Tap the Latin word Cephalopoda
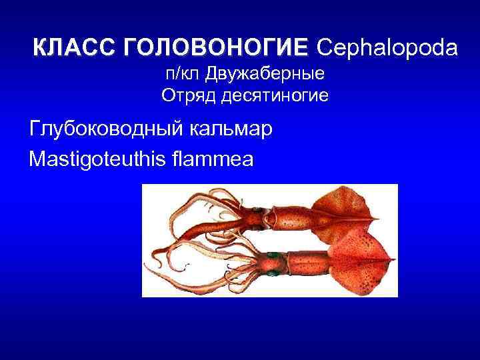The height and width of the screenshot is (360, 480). point(387,48)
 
